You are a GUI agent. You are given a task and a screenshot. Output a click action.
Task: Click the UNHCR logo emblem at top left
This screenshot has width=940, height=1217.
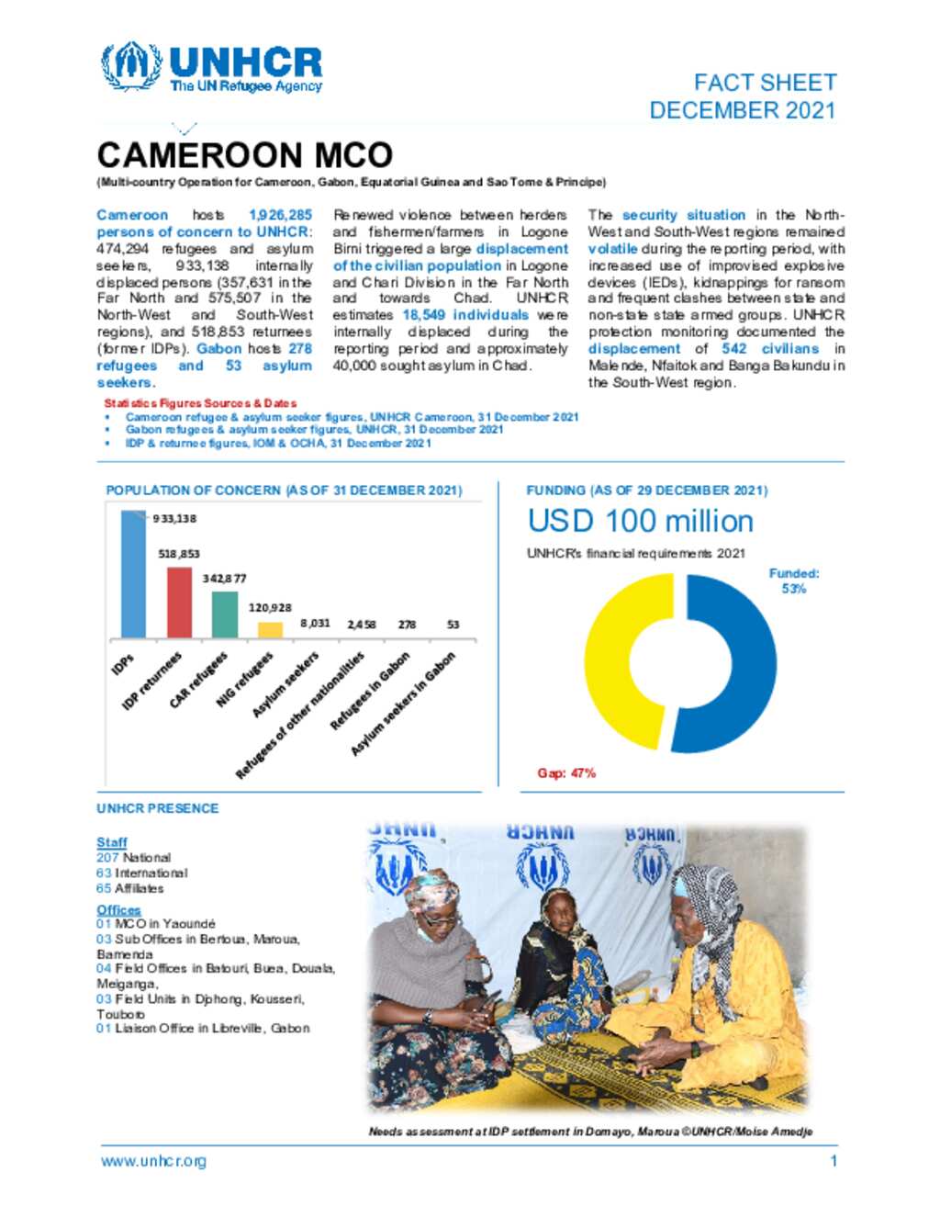pos(131,66)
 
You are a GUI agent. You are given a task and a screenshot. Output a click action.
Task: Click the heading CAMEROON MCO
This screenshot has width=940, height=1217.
pos(245,155)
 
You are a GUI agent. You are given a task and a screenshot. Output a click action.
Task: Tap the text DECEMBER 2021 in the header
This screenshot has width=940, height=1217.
pos(743,110)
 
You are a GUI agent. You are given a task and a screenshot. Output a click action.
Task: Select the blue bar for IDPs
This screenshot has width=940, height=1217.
pos(133,574)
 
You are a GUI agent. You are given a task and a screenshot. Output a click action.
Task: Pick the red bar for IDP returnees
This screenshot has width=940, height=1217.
pos(179,603)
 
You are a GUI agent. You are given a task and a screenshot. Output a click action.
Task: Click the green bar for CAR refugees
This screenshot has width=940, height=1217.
pos(225,614)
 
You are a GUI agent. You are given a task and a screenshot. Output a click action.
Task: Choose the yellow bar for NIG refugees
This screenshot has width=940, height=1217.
pos(270,630)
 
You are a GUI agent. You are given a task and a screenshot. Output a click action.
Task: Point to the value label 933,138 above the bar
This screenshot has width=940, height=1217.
pos(174,518)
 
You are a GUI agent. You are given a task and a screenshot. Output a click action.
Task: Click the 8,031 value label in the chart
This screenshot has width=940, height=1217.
pos(315,623)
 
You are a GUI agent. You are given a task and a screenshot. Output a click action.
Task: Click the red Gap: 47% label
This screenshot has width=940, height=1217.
pos(566,773)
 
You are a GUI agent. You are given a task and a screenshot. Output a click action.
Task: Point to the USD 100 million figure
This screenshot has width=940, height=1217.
pos(641,522)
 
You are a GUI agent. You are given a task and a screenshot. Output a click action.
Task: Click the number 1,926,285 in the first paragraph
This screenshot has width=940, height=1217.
pos(280,215)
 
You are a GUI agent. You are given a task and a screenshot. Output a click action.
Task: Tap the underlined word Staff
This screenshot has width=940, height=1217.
pos(112,842)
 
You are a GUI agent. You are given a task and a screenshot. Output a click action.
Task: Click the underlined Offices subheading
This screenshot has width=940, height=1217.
pos(118,909)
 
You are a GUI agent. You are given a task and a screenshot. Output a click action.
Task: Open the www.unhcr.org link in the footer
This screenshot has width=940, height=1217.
pos(153,1161)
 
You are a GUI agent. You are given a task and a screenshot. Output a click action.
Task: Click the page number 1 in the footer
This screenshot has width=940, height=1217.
pos(834,1161)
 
